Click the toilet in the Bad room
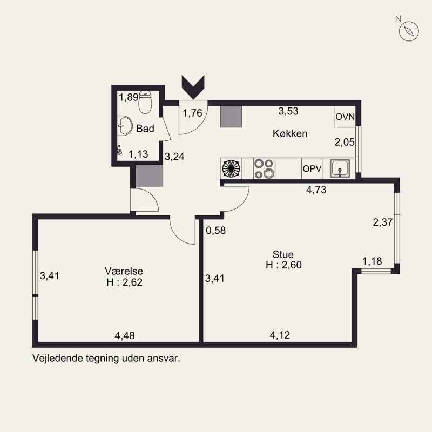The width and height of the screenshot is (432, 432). (x=145, y=102)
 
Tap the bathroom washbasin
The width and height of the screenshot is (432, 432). (x=125, y=126)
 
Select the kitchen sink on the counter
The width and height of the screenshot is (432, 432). (x=340, y=168)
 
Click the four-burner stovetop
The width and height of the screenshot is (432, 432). (x=264, y=168)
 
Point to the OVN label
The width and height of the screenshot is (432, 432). (x=345, y=117)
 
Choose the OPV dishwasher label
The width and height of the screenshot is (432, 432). (x=312, y=168)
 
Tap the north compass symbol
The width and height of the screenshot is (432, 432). (x=409, y=31)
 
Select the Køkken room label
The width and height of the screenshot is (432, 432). (x=290, y=133)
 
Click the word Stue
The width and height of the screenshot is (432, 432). (x=283, y=254)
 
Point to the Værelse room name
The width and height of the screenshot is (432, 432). (x=124, y=271)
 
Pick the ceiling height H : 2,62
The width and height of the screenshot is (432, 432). (x=125, y=282)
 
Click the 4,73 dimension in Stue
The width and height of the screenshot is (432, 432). (x=316, y=190)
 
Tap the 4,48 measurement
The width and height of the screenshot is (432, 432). (x=125, y=335)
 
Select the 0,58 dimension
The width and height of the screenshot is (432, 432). (x=215, y=231)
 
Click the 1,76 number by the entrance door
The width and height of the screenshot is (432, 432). (x=193, y=113)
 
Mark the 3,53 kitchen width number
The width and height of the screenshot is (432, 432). (x=288, y=111)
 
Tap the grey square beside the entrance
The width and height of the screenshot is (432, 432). (x=231, y=117)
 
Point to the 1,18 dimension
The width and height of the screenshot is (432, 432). (x=372, y=261)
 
